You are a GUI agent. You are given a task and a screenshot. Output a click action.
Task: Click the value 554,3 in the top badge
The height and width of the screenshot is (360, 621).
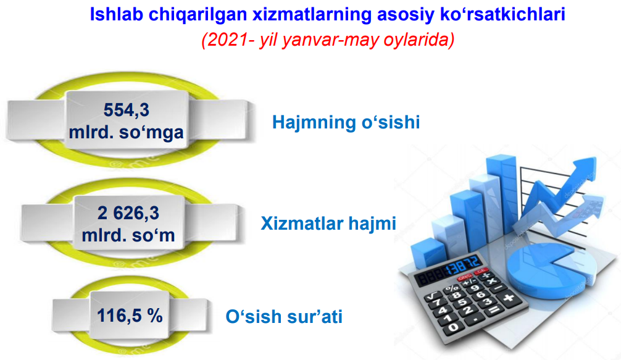point(127,110)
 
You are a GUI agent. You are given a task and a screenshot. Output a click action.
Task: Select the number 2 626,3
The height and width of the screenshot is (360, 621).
point(128,213)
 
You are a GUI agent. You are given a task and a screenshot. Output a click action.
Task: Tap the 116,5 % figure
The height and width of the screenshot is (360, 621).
point(130,316)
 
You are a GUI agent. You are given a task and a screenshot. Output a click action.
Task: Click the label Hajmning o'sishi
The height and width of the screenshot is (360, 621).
point(346,122)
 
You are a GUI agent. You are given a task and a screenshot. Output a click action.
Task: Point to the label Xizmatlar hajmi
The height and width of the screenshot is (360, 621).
point(328,224)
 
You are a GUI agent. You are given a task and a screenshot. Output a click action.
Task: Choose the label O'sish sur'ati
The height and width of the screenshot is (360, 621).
point(284,316)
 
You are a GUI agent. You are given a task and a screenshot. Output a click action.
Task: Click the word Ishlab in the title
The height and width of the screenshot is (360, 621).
point(116,14)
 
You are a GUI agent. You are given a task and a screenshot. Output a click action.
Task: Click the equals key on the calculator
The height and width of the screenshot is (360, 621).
point(493,310)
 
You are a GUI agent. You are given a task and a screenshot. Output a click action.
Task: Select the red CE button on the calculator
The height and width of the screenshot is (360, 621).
point(481,271)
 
